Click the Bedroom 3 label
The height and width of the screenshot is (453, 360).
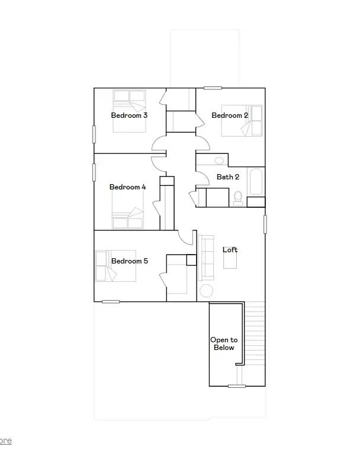(129, 115)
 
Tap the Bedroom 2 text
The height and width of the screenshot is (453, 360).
(230, 115)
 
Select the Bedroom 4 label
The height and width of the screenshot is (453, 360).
(127, 187)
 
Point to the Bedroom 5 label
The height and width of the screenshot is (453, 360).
(129, 261)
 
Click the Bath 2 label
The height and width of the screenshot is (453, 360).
(228, 176)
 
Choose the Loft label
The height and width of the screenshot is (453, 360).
(230, 250)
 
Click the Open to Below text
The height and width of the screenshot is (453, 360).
(224, 343)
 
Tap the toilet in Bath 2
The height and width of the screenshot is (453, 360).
(238, 197)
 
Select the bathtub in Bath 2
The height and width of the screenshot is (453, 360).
(256, 181)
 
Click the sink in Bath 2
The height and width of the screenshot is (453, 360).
(219, 160)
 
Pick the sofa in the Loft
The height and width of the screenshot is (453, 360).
(207, 258)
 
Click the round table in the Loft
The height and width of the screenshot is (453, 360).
(206, 291)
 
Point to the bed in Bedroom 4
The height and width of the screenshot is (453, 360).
(128, 217)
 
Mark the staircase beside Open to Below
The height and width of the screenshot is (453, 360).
(255, 343)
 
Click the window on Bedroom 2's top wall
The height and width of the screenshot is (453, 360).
(213, 88)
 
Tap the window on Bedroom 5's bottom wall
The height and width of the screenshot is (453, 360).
(111, 301)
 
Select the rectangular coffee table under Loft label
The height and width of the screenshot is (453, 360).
(230, 261)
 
